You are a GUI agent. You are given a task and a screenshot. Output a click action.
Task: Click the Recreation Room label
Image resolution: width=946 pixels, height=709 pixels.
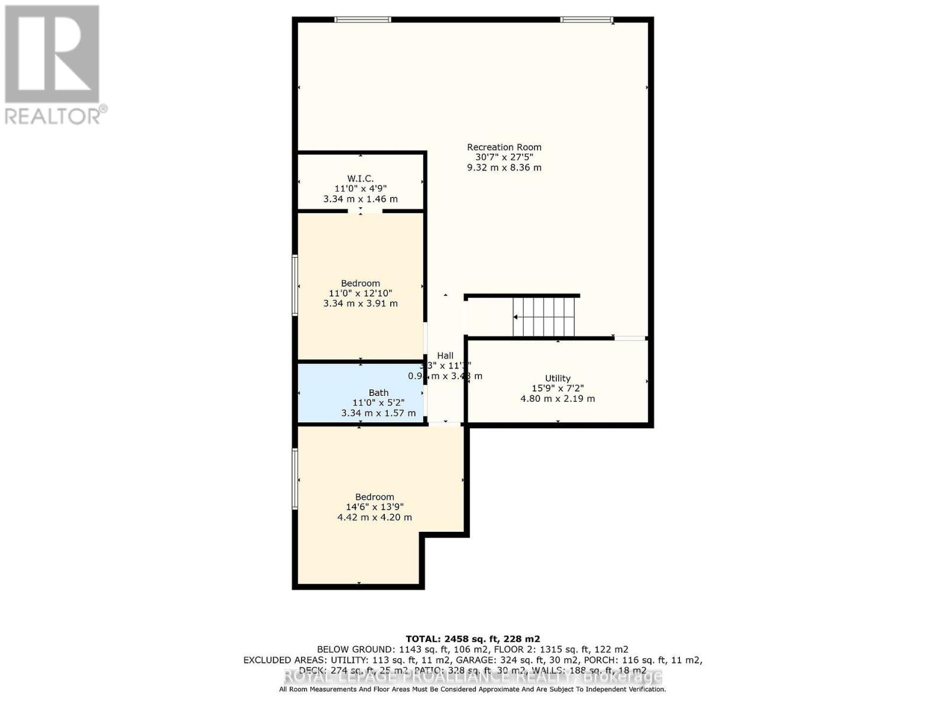click(x=504, y=147)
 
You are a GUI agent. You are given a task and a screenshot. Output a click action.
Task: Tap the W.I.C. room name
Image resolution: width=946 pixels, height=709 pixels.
click(x=360, y=178)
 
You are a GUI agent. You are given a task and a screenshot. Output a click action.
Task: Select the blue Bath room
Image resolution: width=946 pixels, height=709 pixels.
click(x=360, y=393)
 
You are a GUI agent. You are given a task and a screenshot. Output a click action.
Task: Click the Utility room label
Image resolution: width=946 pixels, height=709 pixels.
click(x=558, y=378)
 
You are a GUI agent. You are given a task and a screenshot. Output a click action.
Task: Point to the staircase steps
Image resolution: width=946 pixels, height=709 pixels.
click(x=543, y=317)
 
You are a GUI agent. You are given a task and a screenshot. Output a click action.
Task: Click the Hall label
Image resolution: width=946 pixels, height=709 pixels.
click(x=445, y=355)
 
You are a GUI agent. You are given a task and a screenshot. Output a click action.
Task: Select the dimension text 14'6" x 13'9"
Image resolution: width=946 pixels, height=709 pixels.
click(x=374, y=507)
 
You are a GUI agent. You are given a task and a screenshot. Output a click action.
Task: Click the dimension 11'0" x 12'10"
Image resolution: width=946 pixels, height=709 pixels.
click(x=360, y=293)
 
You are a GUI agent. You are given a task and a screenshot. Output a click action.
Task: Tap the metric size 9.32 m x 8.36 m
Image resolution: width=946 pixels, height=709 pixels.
click(x=504, y=167)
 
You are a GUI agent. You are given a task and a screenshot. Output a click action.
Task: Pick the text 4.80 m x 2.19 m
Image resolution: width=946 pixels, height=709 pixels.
click(x=558, y=398)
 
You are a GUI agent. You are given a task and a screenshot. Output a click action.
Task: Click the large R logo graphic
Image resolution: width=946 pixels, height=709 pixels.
click(x=52, y=54)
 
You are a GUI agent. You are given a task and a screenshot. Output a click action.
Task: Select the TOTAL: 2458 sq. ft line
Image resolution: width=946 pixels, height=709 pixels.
click(x=472, y=639)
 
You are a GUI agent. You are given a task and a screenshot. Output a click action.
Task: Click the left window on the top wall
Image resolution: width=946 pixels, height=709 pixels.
click(x=362, y=19)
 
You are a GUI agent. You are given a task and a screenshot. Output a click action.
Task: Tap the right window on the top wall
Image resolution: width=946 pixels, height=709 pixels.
click(x=587, y=19)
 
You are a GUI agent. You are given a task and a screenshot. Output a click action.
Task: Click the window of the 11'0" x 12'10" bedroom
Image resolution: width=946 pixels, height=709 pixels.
click(x=294, y=285)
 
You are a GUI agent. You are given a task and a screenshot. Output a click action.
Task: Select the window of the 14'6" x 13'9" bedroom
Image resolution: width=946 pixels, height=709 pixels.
click(x=294, y=479)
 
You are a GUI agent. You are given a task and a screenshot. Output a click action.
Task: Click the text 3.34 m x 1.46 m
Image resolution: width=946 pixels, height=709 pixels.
click(x=360, y=199)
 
